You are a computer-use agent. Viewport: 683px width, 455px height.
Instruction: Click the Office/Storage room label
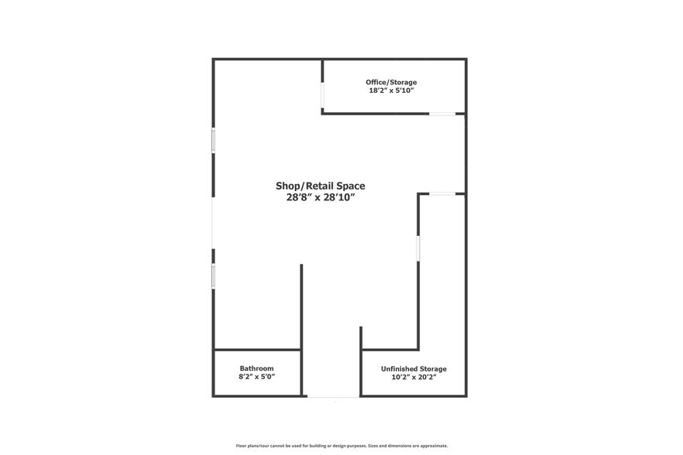(391, 82)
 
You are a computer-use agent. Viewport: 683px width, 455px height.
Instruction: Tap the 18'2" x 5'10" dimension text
(391, 91)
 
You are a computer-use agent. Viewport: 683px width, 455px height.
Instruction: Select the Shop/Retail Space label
(320, 186)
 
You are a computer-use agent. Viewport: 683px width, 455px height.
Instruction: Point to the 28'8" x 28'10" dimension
(320, 197)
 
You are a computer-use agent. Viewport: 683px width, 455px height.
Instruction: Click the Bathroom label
(256, 368)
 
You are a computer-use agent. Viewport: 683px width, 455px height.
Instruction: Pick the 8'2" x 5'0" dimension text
(256, 377)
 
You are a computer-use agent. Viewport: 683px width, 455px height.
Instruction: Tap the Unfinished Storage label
(414, 369)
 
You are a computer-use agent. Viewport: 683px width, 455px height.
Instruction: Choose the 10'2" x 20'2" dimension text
(414, 378)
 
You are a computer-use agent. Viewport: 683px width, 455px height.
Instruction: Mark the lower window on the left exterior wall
(214, 275)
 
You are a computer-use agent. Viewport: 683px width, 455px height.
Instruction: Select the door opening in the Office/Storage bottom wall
(443, 114)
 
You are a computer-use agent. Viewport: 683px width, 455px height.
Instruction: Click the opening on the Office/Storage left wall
(323, 96)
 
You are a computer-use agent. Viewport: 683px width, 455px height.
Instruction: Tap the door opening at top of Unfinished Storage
(443, 194)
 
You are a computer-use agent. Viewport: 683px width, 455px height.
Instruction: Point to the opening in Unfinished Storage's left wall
(418, 248)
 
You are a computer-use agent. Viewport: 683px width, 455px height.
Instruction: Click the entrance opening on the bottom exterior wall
(334, 397)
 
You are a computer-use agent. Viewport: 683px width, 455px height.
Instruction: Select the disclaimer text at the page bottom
(341, 446)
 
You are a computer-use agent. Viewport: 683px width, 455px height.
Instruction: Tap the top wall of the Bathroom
(257, 350)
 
